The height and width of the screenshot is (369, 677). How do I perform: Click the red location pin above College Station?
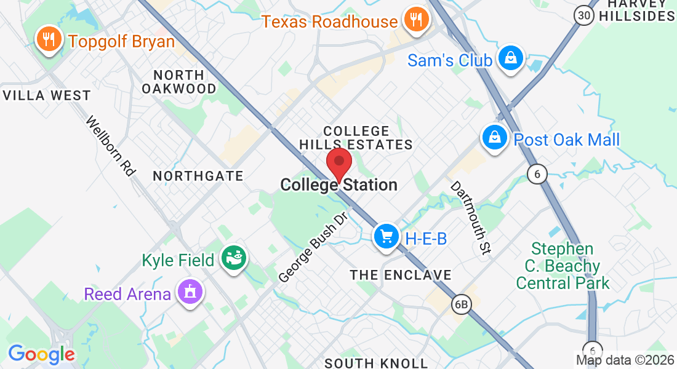tap(338, 163)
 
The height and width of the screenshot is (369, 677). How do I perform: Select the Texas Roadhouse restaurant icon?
tap(416, 20)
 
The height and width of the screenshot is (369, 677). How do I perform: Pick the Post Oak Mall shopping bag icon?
tap(495, 138)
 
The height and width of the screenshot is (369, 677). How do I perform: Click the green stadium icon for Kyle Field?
tap(234, 259)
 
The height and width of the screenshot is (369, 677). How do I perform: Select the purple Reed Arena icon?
tap(190, 292)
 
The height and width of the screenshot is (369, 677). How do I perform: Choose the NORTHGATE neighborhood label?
tap(198, 177)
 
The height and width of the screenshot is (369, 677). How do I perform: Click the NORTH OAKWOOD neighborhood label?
tap(179, 82)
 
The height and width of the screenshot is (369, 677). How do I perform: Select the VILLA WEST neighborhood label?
tap(47, 96)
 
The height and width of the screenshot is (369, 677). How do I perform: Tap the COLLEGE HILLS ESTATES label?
tap(356, 138)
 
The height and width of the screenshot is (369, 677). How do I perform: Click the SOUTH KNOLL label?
tap(376, 363)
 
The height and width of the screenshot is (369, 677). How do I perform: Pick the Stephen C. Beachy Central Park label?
tap(563, 266)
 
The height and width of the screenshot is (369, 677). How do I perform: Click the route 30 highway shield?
tap(584, 15)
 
